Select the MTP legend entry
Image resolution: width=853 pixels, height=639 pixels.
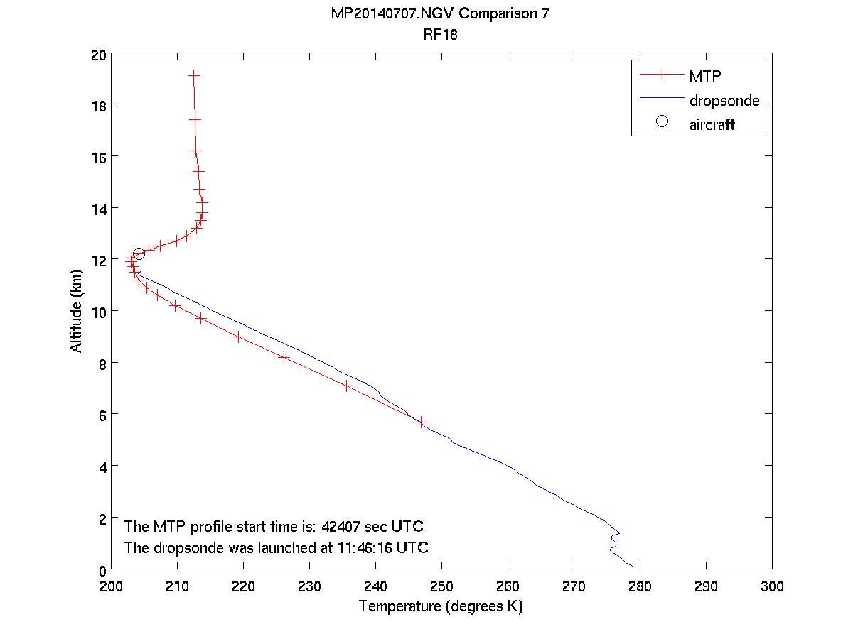[704, 75]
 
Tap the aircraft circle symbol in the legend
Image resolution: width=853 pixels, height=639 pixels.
[662, 121]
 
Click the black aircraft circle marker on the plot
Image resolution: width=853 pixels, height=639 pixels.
[139, 254]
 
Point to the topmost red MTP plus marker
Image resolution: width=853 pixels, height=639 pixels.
[193, 75]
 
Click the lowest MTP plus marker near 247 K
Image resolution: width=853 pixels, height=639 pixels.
[421, 422]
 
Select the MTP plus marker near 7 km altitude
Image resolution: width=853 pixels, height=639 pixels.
[346, 386]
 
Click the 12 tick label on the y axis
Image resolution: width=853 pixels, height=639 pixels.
[99, 260]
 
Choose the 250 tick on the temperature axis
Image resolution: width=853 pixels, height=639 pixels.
[441, 586]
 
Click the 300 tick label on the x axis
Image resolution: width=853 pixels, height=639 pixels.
[771, 586]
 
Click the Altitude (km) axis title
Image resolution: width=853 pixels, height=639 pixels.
[76, 312]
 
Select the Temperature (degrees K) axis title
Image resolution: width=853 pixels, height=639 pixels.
[441, 606]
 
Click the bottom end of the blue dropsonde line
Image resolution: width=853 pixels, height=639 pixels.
[635, 569]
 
